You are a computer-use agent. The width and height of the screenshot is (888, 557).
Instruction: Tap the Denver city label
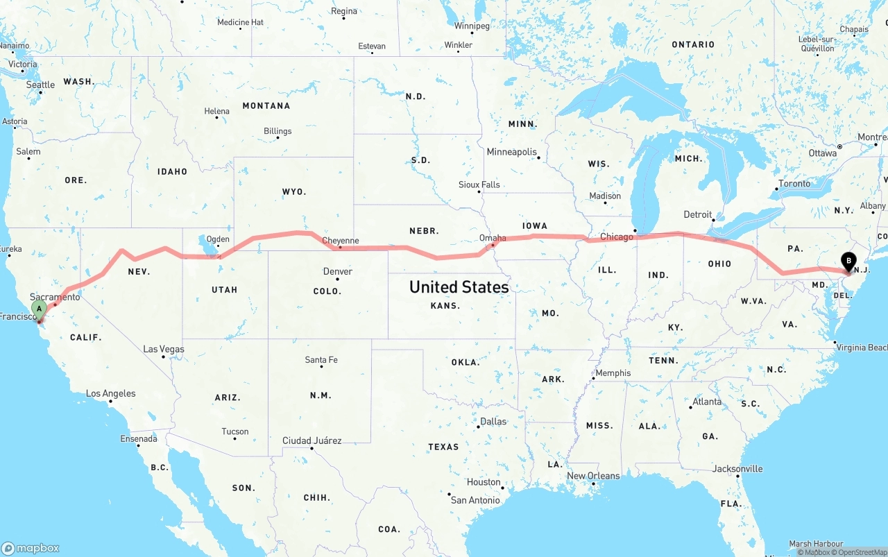coord(338,271)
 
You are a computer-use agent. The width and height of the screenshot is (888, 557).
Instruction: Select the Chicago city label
coord(617,237)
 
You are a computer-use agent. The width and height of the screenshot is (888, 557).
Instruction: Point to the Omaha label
coord(493,238)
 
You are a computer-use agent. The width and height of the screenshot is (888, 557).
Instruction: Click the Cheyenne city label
coord(341,241)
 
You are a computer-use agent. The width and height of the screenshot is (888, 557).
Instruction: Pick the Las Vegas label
coord(164,349)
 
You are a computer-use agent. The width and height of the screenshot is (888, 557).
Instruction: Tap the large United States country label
coord(459,286)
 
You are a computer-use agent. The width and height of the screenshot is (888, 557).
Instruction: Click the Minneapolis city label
coord(512,152)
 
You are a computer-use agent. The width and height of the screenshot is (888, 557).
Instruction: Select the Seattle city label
coord(40,85)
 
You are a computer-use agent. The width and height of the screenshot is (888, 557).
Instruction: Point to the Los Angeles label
coord(111,393)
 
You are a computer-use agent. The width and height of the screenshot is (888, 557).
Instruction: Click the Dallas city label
coord(493,421)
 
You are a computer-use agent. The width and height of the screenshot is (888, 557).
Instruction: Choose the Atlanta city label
coord(706,402)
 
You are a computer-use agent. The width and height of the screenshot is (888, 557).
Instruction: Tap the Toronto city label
coord(794,184)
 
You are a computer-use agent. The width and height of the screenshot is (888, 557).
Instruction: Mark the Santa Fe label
coord(321,360)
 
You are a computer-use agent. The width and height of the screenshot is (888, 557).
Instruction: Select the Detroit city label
coord(698,214)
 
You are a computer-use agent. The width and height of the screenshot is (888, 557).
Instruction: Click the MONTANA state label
coord(266,106)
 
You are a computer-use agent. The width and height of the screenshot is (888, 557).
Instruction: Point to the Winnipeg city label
coord(472,26)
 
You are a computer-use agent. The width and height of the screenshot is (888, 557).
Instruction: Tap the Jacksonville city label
coord(737,469)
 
